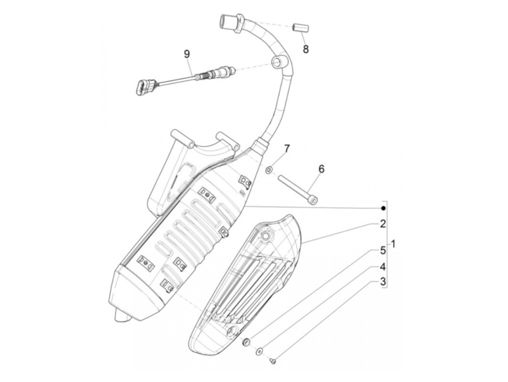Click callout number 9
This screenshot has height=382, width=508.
tap(187, 54)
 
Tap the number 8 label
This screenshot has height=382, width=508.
tap(306, 49)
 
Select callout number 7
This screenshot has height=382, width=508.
tap(287, 148)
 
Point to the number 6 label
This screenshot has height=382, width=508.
tap(321, 169)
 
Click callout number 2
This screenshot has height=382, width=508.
tap(383, 224)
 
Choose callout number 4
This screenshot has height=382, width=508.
tap(383, 267)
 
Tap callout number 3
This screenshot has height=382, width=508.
tap(383, 281)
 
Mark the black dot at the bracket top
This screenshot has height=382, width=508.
tap(383, 208)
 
